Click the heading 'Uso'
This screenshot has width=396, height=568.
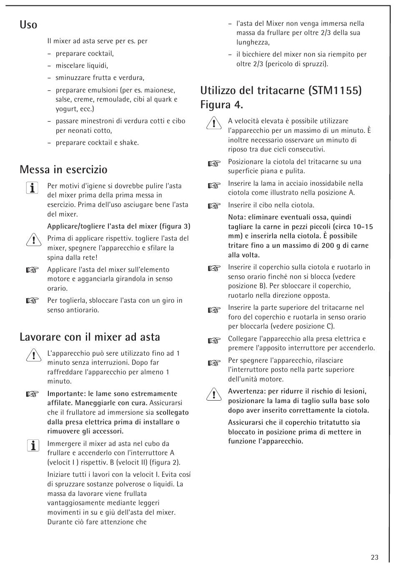pyautogui.click(x=28, y=25)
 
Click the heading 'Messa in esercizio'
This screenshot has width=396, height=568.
pyautogui.click(x=63, y=169)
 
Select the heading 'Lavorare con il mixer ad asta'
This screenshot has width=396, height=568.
pyautogui.click(x=90, y=337)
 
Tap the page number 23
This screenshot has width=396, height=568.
pyautogui.click(x=374, y=557)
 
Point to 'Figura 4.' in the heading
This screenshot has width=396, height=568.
pyautogui.click(x=221, y=105)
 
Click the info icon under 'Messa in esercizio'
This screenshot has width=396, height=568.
pyautogui.click(x=32, y=188)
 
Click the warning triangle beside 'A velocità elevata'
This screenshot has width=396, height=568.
pyautogui.click(x=213, y=124)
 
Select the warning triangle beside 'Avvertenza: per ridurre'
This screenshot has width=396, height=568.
pyautogui.click(x=213, y=394)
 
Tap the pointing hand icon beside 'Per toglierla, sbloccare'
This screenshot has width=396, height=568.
pyautogui.click(x=32, y=301)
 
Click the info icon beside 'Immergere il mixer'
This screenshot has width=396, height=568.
pyautogui.click(x=32, y=446)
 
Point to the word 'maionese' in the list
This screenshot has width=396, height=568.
pyautogui.click(x=160, y=90)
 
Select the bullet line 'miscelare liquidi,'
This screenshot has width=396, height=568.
pyautogui.click(x=82, y=65)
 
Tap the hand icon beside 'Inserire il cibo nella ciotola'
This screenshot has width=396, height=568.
pyautogui.click(x=213, y=205)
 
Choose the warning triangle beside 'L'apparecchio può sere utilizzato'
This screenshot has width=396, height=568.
pyautogui.click(x=32, y=356)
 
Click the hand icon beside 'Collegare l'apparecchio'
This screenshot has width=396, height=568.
pyautogui.click(x=213, y=341)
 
